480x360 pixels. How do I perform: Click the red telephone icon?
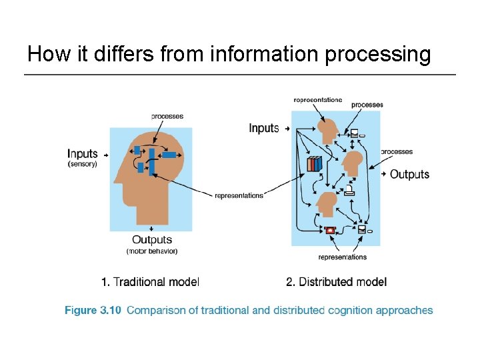pyautogui.click(x=330, y=231)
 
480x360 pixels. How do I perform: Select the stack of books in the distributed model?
pyautogui.click(x=314, y=163)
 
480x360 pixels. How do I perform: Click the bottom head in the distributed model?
pyautogui.click(x=327, y=203)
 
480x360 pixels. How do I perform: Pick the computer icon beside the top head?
pyautogui.click(x=356, y=133)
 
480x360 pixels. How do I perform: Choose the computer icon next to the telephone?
pyautogui.click(x=363, y=230)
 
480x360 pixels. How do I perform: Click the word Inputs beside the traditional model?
pyautogui.click(x=83, y=154)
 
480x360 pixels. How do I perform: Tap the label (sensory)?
pyautogui.click(x=82, y=164)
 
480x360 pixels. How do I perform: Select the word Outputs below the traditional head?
pyautogui.click(x=152, y=240)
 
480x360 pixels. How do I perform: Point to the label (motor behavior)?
pyautogui.click(x=152, y=251)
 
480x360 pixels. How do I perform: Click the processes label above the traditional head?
pyautogui.click(x=167, y=116)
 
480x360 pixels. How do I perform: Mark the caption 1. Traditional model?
pyautogui.click(x=150, y=282)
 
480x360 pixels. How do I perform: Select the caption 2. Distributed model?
pyautogui.click(x=336, y=282)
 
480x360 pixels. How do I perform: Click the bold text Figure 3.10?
pyautogui.click(x=93, y=310)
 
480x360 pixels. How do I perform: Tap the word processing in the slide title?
pyautogui.click(x=377, y=53)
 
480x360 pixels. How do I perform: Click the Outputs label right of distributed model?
pyautogui.click(x=409, y=174)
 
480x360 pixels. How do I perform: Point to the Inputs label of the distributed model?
pyautogui.click(x=264, y=127)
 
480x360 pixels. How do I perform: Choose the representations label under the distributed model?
pyautogui.click(x=342, y=257)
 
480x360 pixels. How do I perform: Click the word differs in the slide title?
pyautogui.click(x=98, y=53)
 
